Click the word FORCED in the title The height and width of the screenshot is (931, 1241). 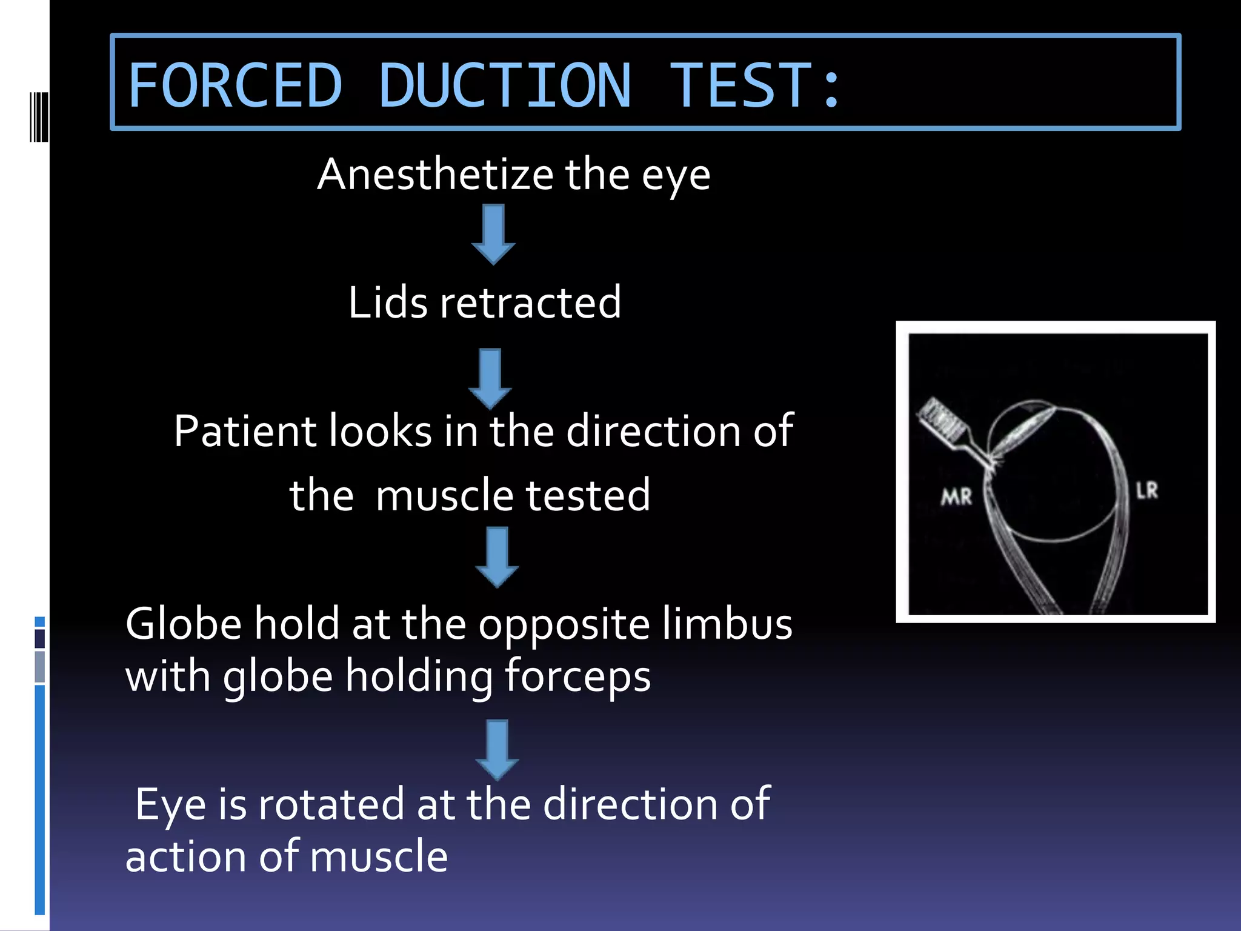point(235,85)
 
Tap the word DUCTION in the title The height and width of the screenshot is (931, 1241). point(505,85)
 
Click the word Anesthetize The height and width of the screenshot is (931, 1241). point(435,175)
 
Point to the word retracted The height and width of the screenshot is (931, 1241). point(530,302)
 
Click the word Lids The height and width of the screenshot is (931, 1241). point(388,302)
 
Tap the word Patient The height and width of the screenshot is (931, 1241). point(245,432)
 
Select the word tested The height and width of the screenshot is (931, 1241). point(588,496)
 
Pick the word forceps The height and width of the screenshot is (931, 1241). point(577,676)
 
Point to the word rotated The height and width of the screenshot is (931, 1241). point(331,805)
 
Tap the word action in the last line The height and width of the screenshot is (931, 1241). point(185,857)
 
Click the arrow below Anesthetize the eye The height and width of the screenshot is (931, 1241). point(493,234)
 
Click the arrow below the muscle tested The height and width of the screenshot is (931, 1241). point(497,556)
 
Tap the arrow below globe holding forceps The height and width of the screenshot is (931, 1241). point(497,749)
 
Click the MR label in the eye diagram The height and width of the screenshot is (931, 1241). point(956,498)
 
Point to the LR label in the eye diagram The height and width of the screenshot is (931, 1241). point(1146,491)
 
